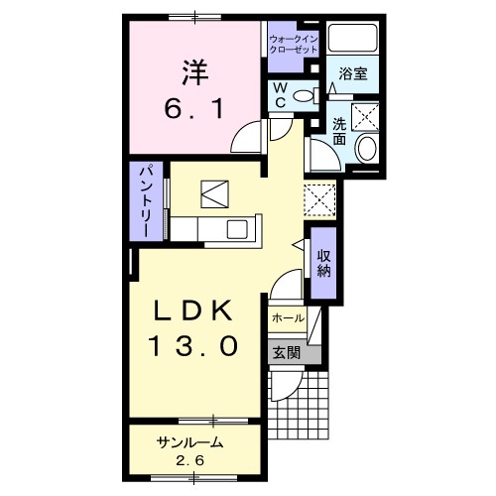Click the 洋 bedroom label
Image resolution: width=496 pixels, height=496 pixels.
click(x=194, y=73)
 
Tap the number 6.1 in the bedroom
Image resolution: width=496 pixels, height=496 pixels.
click(x=194, y=109)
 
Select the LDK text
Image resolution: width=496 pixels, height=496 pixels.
click(x=194, y=310)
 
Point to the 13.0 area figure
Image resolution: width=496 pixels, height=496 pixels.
click(x=194, y=345)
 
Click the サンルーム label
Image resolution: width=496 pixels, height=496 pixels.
click(x=190, y=442)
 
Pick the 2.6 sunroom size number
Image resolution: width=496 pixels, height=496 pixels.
click(x=190, y=460)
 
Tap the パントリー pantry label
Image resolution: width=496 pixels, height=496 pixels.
click(x=147, y=201)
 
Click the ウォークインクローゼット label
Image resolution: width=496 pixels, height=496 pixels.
click(x=294, y=45)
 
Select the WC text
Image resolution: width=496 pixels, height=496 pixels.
click(x=281, y=95)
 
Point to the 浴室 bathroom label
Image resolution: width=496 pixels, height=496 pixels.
click(x=353, y=73)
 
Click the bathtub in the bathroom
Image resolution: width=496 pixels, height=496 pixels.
click(x=353, y=37)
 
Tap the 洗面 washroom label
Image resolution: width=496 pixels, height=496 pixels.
click(x=339, y=131)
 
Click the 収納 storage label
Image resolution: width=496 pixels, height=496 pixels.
click(x=324, y=263)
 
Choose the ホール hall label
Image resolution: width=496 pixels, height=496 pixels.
click(x=288, y=318)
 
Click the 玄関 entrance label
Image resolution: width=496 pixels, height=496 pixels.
click(x=287, y=353)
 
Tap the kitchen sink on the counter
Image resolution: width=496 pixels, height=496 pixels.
click(x=237, y=229)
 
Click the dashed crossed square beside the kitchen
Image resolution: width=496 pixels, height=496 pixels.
click(x=319, y=200)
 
